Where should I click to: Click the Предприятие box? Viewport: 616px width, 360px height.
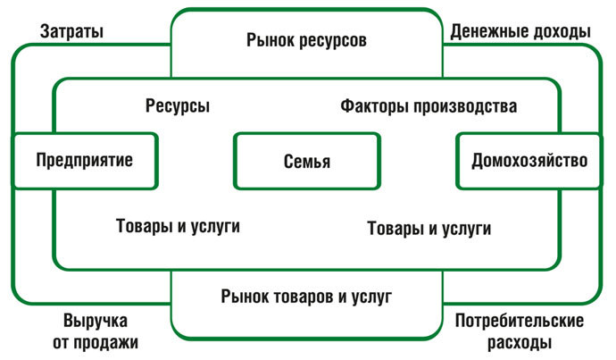(x=85, y=161)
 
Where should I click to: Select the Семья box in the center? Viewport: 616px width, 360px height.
(x=307, y=162)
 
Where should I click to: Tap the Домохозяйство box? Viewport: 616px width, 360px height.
(x=529, y=161)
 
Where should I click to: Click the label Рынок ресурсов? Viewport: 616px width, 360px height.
(x=306, y=41)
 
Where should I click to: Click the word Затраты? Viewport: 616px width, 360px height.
(x=71, y=31)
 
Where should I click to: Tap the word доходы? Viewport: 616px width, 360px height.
(x=560, y=31)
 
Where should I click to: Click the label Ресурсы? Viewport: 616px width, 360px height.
(x=178, y=106)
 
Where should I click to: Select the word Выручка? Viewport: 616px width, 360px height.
(x=96, y=321)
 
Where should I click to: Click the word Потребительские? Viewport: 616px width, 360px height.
(x=519, y=321)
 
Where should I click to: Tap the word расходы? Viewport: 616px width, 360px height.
(x=520, y=341)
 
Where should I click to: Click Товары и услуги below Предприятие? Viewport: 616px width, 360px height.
(x=178, y=226)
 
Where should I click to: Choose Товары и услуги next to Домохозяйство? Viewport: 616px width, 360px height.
(x=429, y=228)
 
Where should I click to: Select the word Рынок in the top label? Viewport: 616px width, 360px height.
(x=268, y=41)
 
